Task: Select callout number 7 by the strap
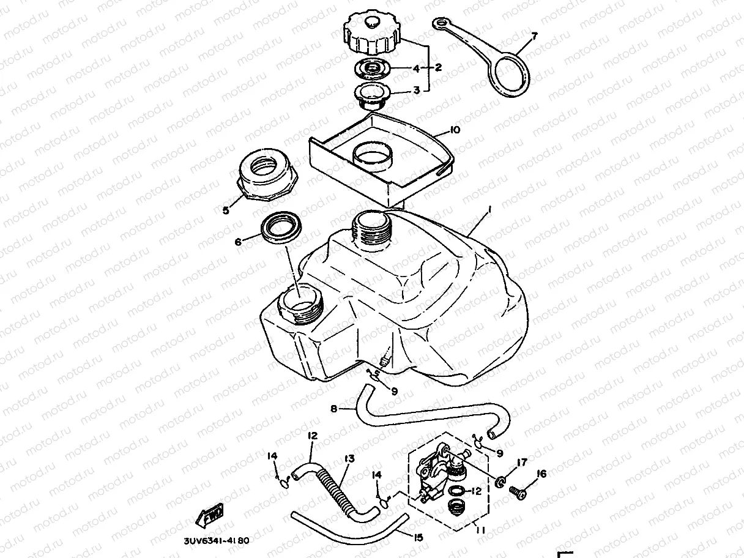coord(534,37)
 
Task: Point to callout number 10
coord(455,130)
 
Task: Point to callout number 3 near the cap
coord(417,90)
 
